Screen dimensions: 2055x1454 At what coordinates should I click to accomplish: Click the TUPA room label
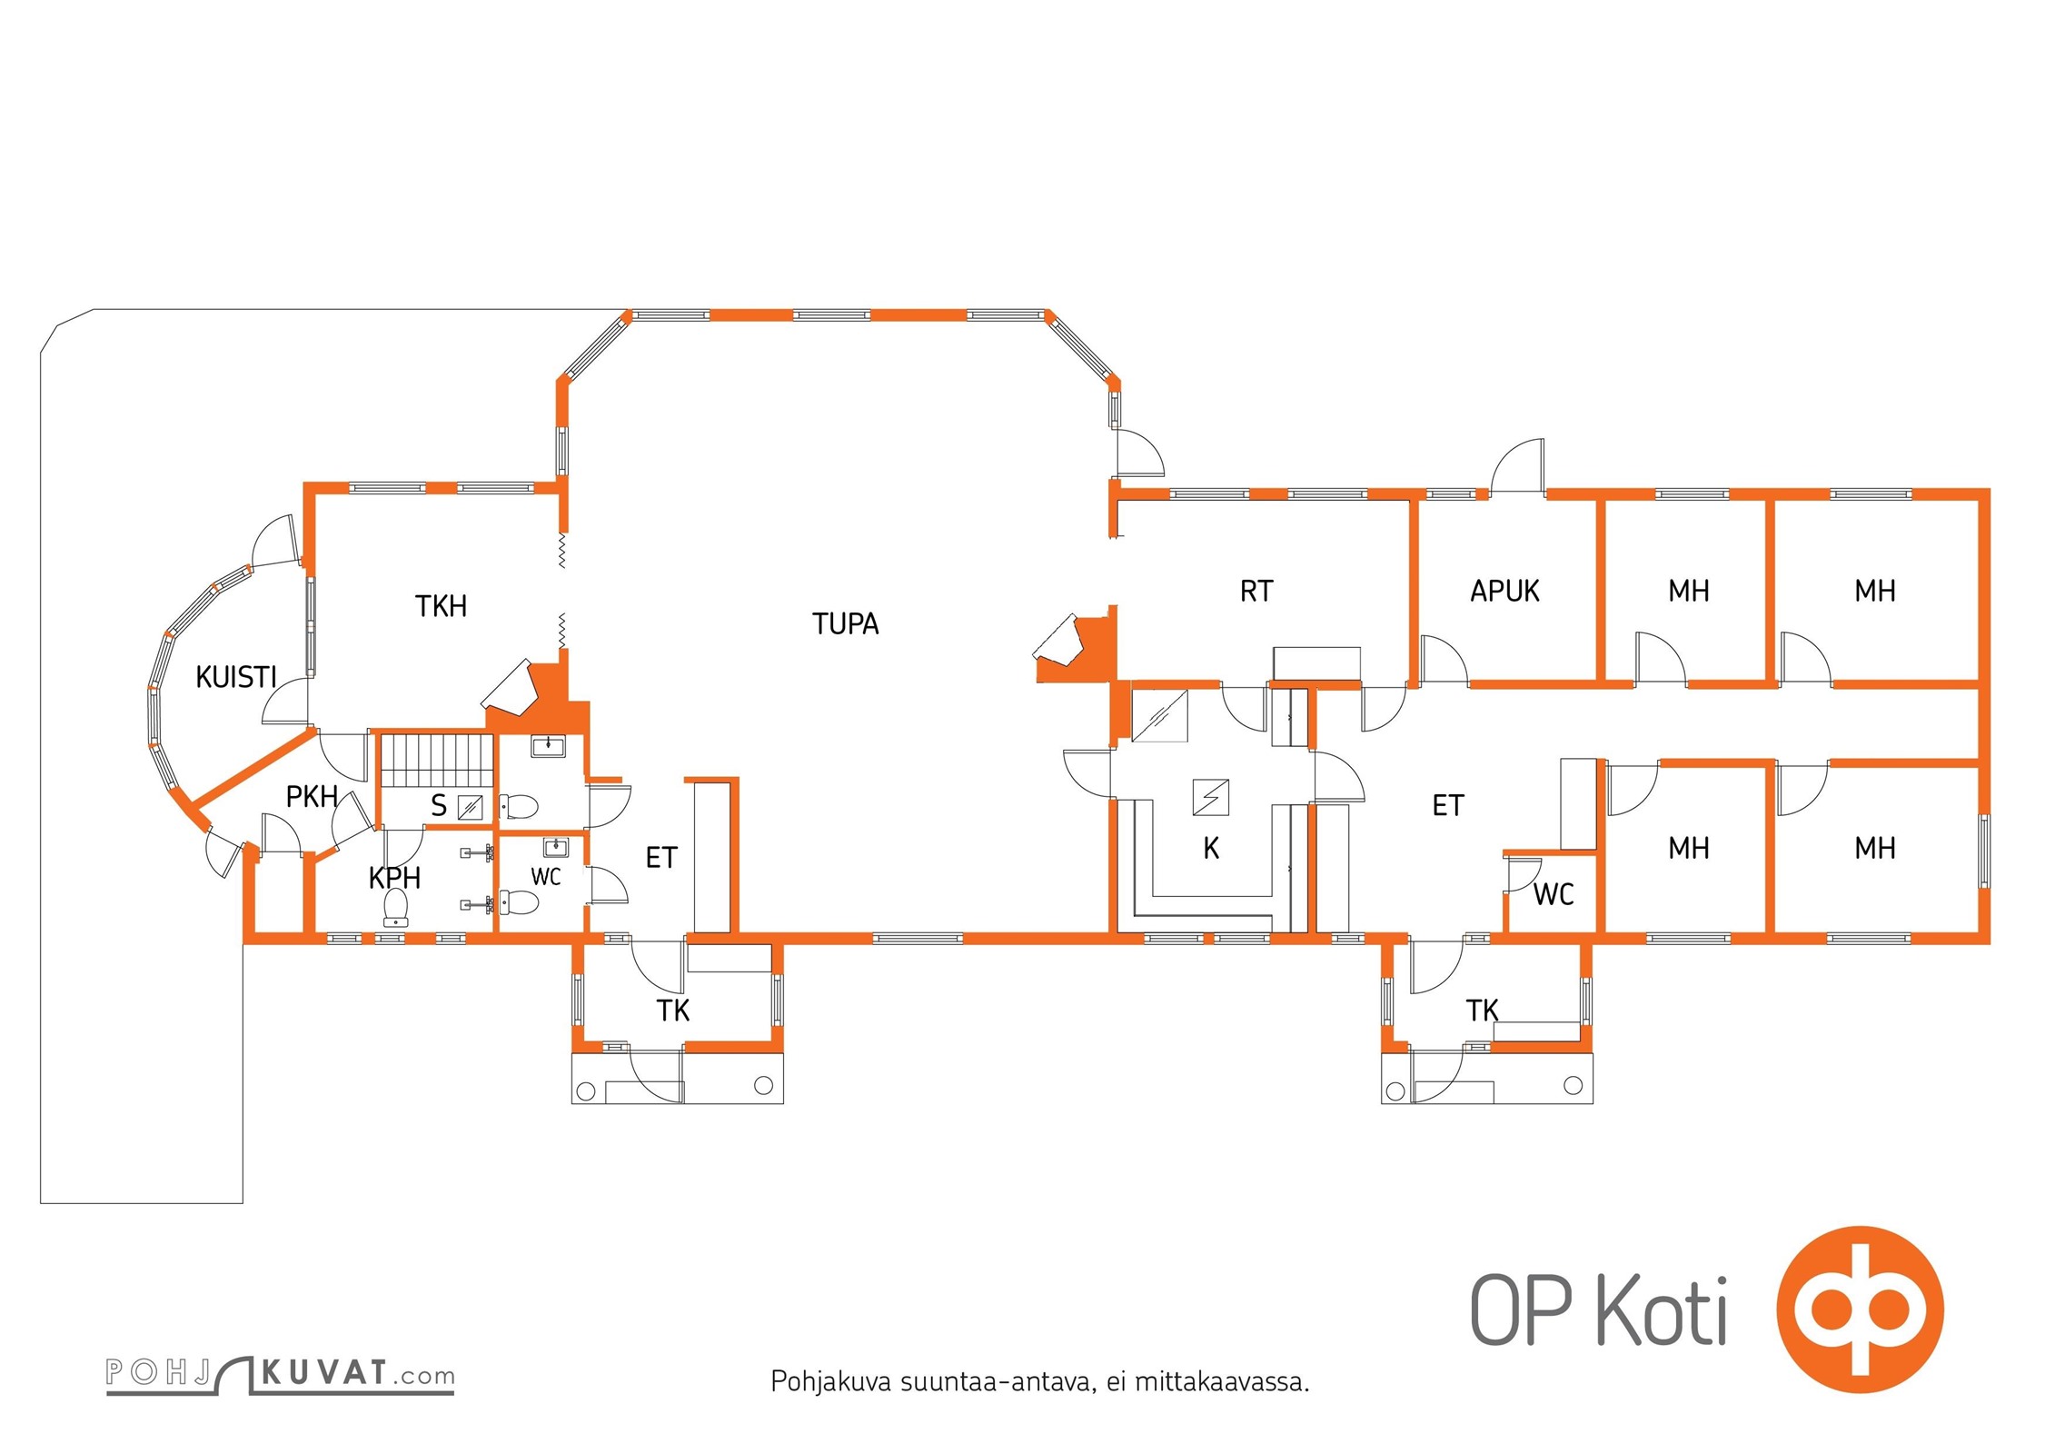click(x=845, y=624)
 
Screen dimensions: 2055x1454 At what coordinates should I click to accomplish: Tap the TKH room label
click(x=441, y=606)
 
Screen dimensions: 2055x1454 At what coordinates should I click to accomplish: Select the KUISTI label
click(x=236, y=677)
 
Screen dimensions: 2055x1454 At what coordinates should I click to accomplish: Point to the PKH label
click(x=312, y=797)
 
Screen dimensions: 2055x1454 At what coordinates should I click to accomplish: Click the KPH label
click(x=394, y=878)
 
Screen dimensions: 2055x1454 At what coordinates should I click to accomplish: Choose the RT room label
click(x=1256, y=592)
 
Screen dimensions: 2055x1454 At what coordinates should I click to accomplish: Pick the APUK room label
click(x=1504, y=592)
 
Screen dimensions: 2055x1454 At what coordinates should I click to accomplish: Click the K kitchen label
click(x=1211, y=849)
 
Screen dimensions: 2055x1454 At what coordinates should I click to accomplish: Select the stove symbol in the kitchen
click(x=1211, y=798)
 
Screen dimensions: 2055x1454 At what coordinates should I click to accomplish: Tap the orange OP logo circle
click(x=1860, y=1310)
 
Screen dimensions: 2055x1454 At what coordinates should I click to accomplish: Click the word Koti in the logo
click(x=1662, y=1310)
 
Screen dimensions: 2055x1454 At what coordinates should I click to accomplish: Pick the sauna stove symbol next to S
click(x=470, y=807)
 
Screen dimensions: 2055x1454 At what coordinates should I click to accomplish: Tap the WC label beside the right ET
click(x=1554, y=895)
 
